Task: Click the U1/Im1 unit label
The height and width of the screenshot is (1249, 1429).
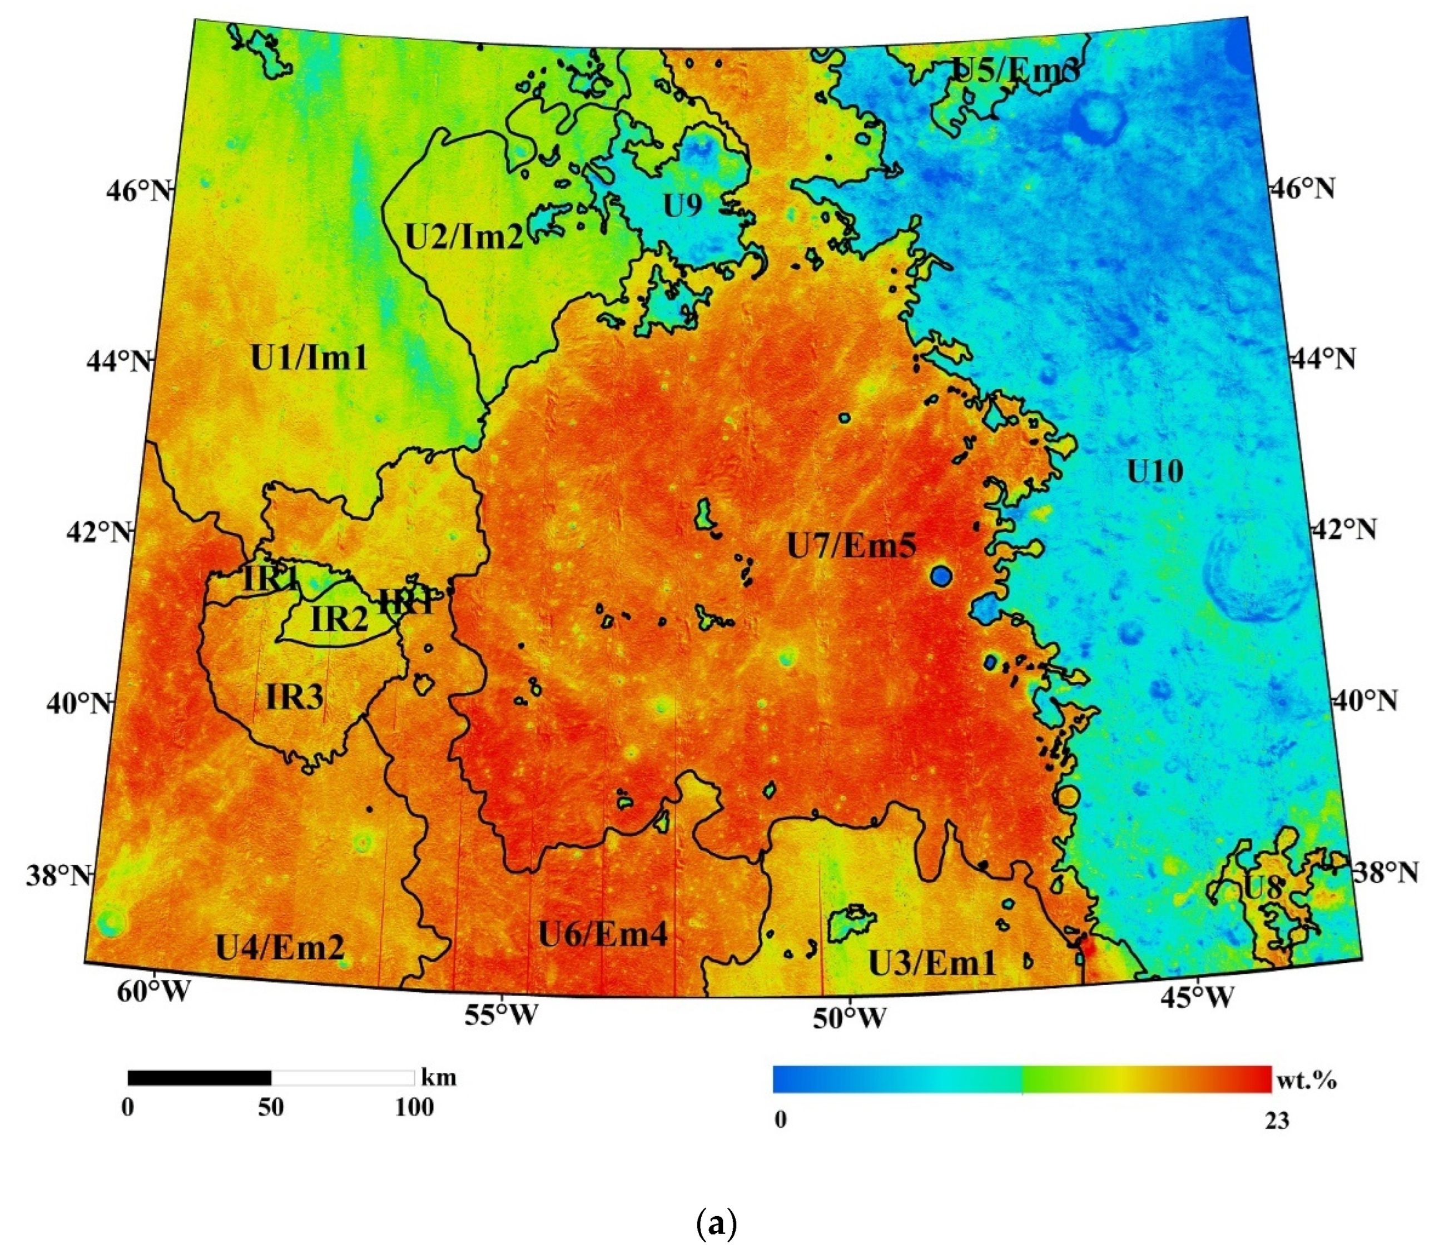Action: coord(308,359)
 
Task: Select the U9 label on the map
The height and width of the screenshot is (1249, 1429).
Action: coord(682,206)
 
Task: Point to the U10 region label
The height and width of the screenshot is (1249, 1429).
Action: coord(1155,472)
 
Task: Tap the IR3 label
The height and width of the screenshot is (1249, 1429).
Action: coord(295,695)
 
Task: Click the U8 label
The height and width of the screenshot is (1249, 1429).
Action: coord(1263,888)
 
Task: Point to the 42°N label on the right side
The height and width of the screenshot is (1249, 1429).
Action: coord(1344,530)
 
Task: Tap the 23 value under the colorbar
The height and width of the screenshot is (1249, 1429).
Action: coord(1277,1122)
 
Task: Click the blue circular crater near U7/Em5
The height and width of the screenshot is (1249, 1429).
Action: coord(940,576)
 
